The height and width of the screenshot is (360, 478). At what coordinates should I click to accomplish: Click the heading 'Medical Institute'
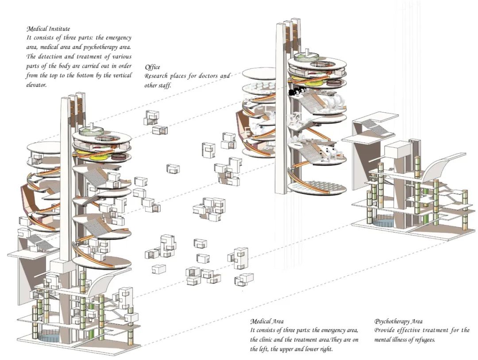[48, 29]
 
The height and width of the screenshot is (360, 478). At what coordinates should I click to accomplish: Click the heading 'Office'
[152, 67]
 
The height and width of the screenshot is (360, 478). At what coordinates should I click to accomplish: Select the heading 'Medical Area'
[266, 321]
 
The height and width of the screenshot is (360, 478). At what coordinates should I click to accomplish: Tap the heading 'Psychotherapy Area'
[398, 321]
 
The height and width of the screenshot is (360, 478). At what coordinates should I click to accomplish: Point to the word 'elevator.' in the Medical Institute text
[36, 84]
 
